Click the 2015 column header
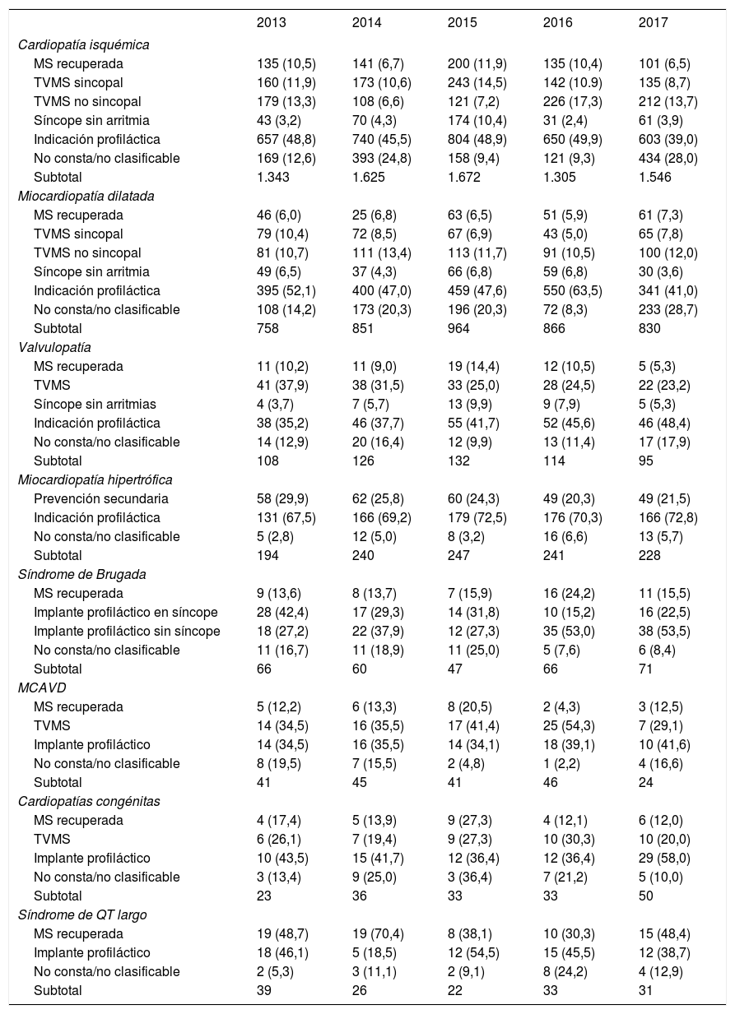462,23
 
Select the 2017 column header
653,23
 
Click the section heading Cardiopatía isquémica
83,44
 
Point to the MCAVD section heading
37,688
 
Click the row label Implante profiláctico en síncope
126,612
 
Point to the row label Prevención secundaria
100,498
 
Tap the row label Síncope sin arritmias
95,404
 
